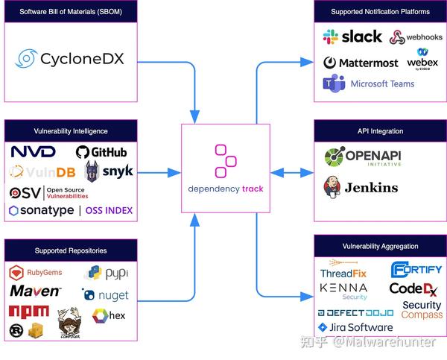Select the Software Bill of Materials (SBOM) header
click(x=70, y=12)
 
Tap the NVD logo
click(x=33, y=152)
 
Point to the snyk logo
click(x=109, y=171)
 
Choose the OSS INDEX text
click(x=109, y=211)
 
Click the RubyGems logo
click(x=35, y=273)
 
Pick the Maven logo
click(x=35, y=291)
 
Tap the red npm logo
click(x=29, y=311)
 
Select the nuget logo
click(x=105, y=295)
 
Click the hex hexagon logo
click(x=109, y=316)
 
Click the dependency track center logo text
click(x=225, y=189)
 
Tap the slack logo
click(x=352, y=37)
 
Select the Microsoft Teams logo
click(x=368, y=83)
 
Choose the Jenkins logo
click(x=361, y=186)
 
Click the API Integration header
click(x=380, y=131)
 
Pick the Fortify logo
click(x=416, y=270)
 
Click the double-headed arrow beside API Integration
click(x=291, y=173)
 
